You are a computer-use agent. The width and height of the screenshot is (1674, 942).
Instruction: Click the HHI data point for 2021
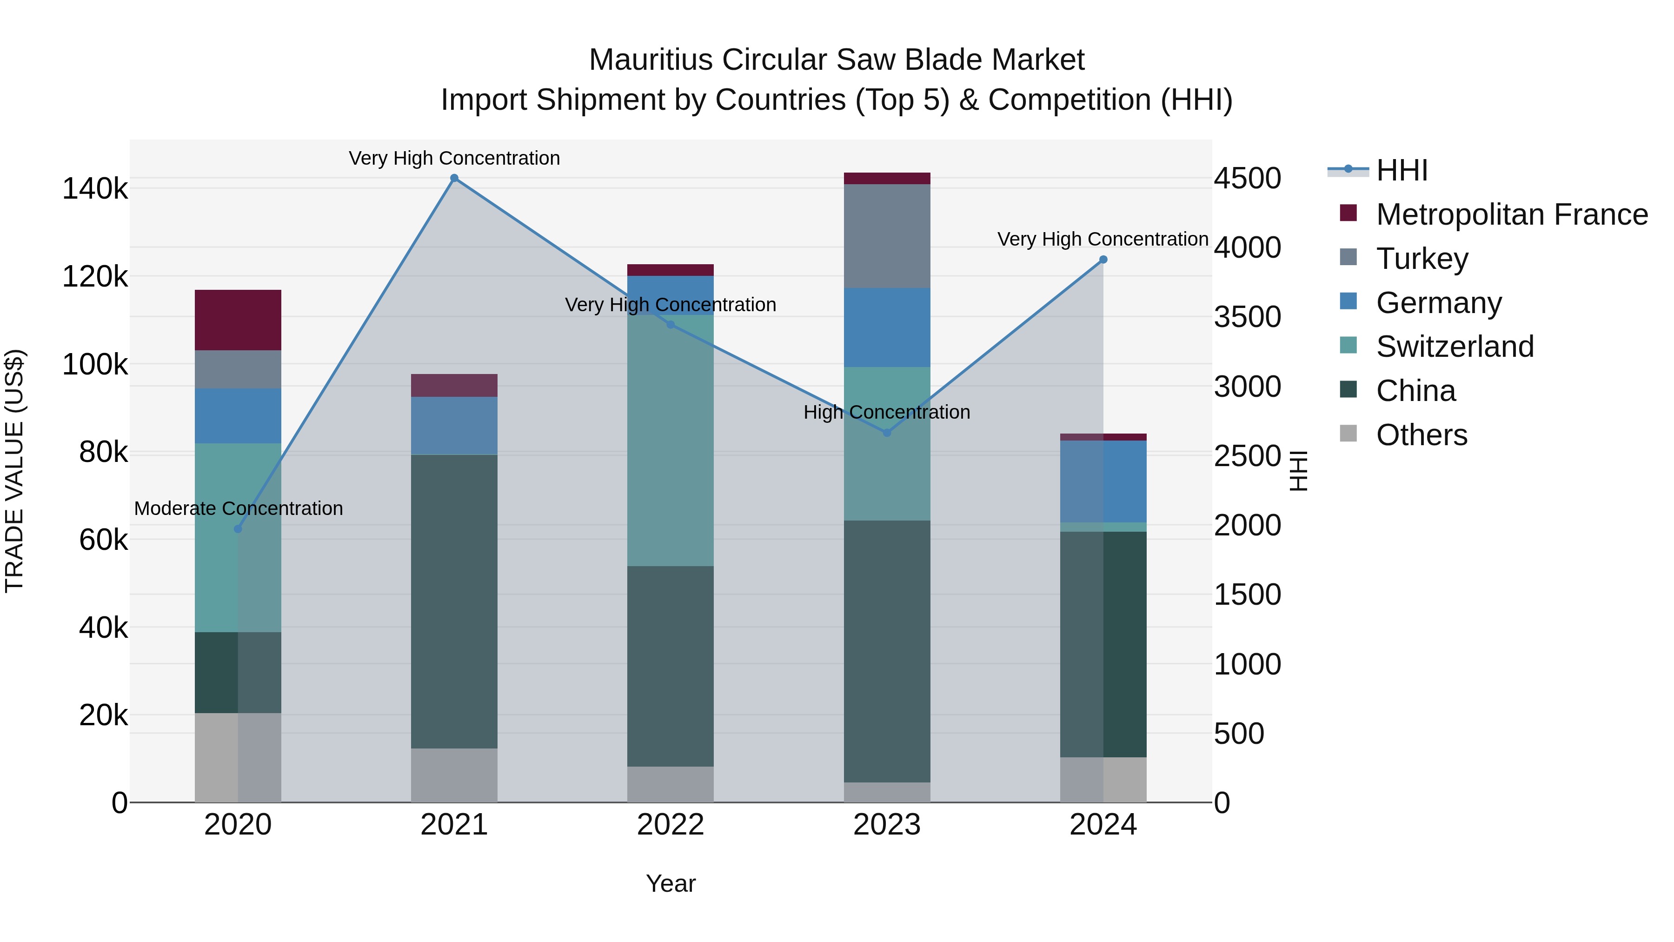pyautogui.click(x=454, y=178)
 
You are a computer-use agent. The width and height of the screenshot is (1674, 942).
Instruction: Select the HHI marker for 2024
pyautogui.click(x=1103, y=260)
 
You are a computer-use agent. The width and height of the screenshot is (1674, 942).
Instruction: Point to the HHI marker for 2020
pyautogui.click(x=238, y=528)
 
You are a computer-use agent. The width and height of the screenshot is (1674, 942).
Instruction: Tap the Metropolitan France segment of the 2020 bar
pyautogui.click(x=238, y=320)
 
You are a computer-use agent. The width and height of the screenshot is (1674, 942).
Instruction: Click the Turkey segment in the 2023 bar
pyautogui.click(x=887, y=236)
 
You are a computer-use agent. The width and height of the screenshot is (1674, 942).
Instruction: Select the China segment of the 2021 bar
pyautogui.click(x=454, y=601)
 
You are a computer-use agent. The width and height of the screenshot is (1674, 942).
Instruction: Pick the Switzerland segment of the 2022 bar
pyautogui.click(x=670, y=442)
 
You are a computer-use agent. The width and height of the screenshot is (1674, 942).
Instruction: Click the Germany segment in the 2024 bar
pyautogui.click(x=1103, y=481)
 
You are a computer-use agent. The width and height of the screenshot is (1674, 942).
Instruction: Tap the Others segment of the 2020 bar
pyautogui.click(x=238, y=757)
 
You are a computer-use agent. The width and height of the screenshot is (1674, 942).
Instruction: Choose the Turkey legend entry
pyautogui.click(x=1422, y=259)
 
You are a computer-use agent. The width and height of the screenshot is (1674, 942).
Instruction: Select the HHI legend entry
pyautogui.click(x=1401, y=170)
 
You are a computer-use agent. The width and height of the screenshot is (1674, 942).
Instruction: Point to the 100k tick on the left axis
pyautogui.click(x=95, y=365)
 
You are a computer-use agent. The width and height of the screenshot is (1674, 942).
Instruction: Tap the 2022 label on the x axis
pyautogui.click(x=670, y=825)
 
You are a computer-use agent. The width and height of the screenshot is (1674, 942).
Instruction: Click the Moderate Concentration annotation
pyautogui.click(x=239, y=508)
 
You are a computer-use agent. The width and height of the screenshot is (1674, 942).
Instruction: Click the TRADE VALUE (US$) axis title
pyautogui.click(x=14, y=471)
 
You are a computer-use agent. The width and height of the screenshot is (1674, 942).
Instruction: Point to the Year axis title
pyautogui.click(x=670, y=883)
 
